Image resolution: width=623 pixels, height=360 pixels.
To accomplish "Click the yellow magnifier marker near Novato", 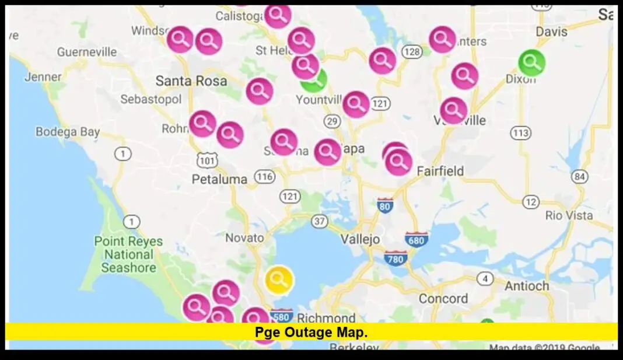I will (279, 279).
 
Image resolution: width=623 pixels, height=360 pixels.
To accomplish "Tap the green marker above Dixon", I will (531, 62).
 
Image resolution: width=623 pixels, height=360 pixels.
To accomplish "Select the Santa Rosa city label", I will (191, 81).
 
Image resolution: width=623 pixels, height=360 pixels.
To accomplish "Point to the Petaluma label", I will (220, 179).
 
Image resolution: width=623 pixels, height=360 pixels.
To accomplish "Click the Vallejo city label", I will (360, 239).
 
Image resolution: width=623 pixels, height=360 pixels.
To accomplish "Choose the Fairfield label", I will (440, 171).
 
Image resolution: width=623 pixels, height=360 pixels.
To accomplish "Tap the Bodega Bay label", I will (68, 132).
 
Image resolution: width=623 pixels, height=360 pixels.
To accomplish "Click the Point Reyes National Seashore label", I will (129, 254).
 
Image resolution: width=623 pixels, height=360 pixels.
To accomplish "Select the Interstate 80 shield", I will (384, 205).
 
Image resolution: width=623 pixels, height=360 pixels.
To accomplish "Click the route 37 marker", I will (319, 221).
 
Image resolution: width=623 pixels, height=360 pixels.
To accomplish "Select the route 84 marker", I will (579, 176).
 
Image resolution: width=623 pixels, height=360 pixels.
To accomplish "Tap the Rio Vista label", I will (569, 215).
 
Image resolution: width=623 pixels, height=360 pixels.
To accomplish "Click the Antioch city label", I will (527, 286).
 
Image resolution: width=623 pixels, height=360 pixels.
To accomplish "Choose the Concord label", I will (443, 299).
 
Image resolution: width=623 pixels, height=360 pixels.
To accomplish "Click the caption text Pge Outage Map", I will (311, 332).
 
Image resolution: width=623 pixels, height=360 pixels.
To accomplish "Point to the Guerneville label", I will (87, 52).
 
